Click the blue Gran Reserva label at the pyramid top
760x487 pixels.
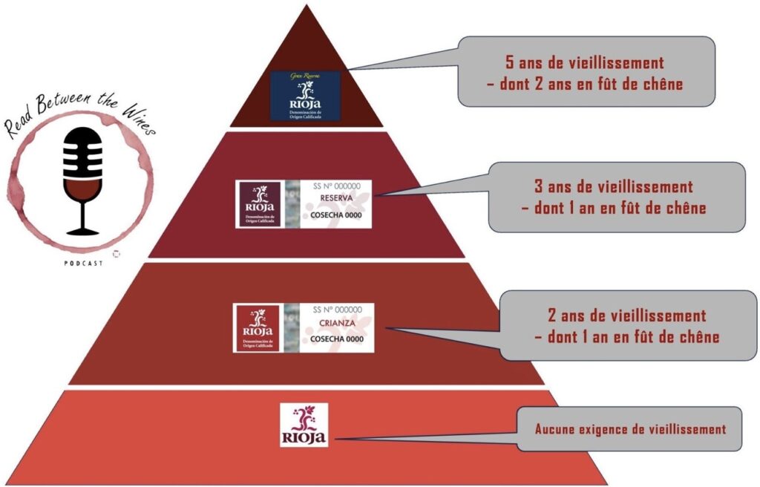(x=304, y=96)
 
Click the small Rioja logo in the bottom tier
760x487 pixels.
(x=304, y=425)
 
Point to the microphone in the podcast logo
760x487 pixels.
(x=82, y=153)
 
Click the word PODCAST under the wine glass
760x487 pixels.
(x=82, y=262)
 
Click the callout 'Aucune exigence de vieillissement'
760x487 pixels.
(x=629, y=429)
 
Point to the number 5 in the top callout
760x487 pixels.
(x=508, y=62)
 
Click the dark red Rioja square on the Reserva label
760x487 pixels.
(x=258, y=203)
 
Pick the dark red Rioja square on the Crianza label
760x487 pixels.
(x=256, y=327)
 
